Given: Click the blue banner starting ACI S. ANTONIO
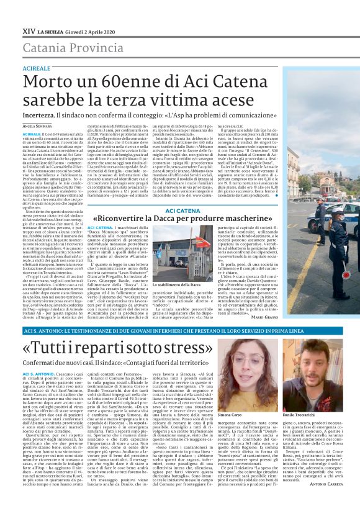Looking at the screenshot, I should pyautogui.click(x=180, y=331).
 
